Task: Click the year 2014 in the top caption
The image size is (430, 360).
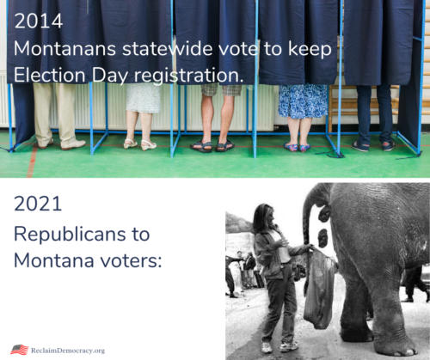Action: click(x=39, y=21)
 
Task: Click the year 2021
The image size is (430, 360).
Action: click(x=38, y=204)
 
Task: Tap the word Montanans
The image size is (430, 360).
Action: click(x=64, y=48)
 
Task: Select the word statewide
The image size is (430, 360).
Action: click(x=168, y=48)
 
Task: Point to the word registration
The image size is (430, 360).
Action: click(x=188, y=76)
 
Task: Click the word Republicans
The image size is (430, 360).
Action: click(x=70, y=235)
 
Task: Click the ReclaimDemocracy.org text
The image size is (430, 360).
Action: click(x=68, y=351)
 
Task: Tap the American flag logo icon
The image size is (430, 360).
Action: click(x=20, y=350)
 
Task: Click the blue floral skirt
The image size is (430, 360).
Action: click(x=303, y=101)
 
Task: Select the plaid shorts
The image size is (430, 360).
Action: click(x=221, y=89)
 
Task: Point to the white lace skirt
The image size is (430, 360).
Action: click(x=144, y=98)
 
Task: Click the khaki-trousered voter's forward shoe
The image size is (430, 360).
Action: click(x=73, y=145)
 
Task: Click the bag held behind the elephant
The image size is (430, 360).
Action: click(x=320, y=290)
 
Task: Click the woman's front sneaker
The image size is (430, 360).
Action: click(x=289, y=346)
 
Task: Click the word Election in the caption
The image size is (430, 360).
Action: click(x=50, y=76)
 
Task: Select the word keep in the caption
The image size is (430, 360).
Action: click(x=310, y=50)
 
